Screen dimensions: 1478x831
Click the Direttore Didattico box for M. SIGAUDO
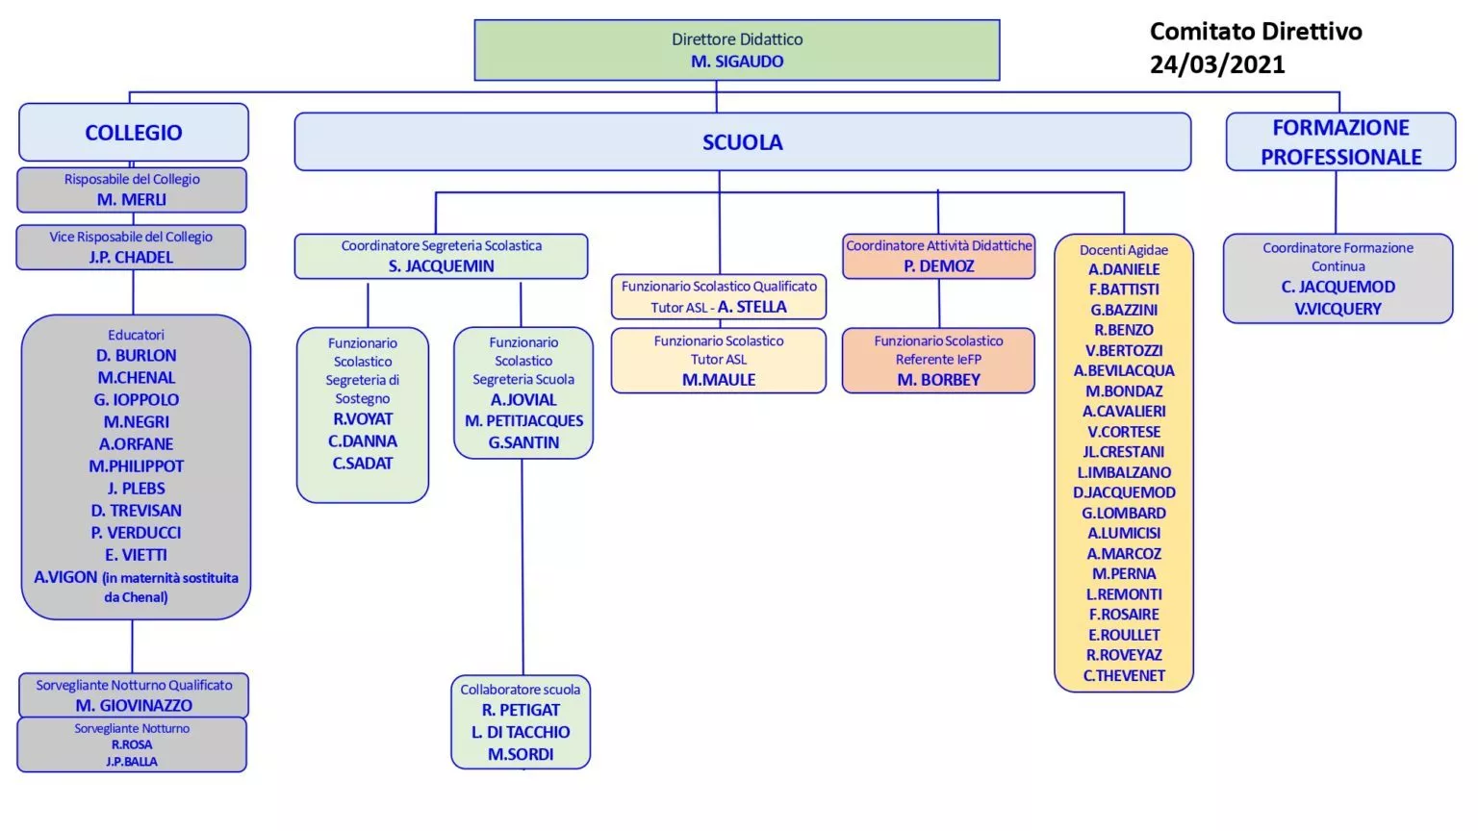(x=737, y=50)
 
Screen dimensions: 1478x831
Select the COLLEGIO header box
(x=134, y=132)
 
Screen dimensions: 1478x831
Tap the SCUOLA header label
(x=742, y=142)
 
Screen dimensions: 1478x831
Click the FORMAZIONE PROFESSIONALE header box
(x=1340, y=141)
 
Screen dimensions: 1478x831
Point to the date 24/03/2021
(x=1217, y=64)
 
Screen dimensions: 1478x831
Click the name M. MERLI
(x=132, y=199)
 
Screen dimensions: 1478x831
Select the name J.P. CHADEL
(x=131, y=257)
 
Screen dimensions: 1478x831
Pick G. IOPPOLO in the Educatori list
(x=136, y=400)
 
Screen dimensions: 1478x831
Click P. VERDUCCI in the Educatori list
(x=136, y=533)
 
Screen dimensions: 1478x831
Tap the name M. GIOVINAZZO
(x=134, y=706)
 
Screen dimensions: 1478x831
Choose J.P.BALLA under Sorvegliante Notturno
(x=132, y=762)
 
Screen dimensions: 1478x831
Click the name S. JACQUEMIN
(x=442, y=265)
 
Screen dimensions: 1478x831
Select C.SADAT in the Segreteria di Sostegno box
(x=363, y=464)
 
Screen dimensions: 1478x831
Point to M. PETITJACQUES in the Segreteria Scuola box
(x=523, y=420)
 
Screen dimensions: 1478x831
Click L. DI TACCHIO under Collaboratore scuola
(x=521, y=732)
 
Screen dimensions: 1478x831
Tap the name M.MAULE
(x=719, y=380)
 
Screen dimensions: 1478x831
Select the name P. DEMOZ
(x=939, y=265)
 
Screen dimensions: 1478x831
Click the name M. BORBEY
(x=939, y=380)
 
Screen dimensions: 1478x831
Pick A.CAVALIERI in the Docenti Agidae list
(x=1124, y=412)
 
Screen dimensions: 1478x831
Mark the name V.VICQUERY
(x=1338, y=309)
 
